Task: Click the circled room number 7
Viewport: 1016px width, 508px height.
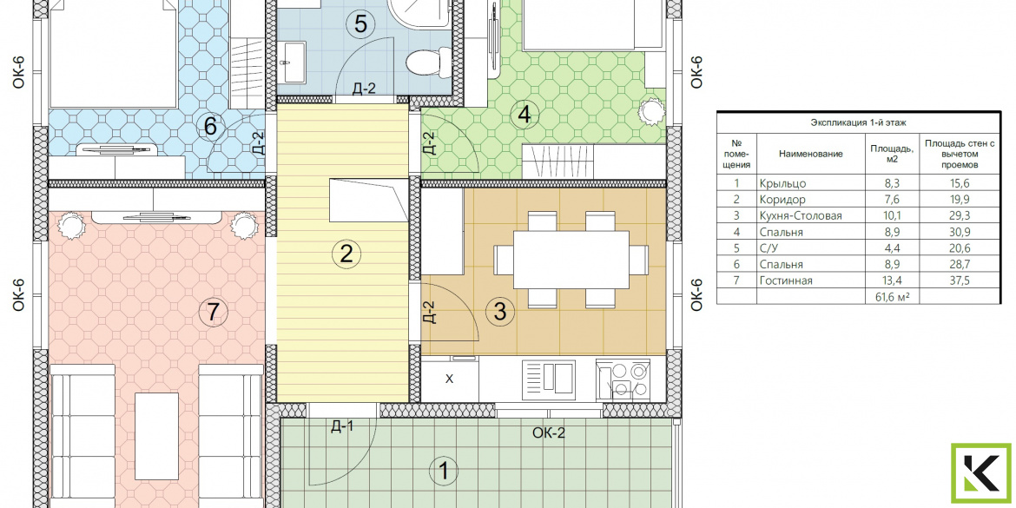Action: (x=214, y=313)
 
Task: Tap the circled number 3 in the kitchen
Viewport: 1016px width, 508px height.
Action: (x=499, y=312)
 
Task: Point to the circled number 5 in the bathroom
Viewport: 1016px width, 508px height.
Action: (x=361, y=24)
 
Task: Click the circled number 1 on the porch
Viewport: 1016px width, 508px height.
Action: (x=444, y=471)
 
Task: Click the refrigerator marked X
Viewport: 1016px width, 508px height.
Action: (x=450, y=379)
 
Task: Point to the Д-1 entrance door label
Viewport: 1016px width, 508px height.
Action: (x=341, y=426)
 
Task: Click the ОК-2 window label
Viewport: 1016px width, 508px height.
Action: (x=549, y=432)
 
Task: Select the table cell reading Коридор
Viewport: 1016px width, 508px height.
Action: (x=782, y=200)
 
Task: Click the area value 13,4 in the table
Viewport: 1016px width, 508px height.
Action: (x=892, y=280)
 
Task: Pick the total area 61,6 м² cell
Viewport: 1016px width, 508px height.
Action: (x=892, y=297)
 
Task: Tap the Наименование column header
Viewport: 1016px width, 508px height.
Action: (x=810, y=154)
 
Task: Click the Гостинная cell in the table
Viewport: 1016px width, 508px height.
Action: (x=785, y=280)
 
